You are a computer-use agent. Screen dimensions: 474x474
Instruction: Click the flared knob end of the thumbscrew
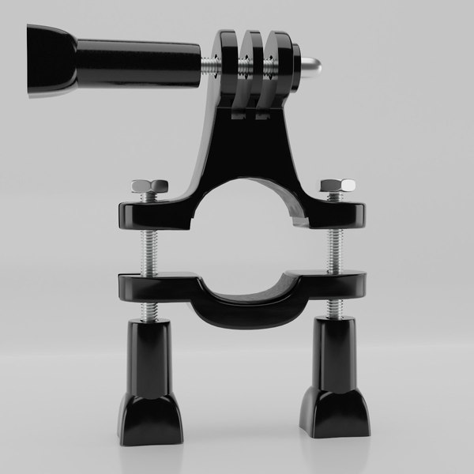click(49, 62)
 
